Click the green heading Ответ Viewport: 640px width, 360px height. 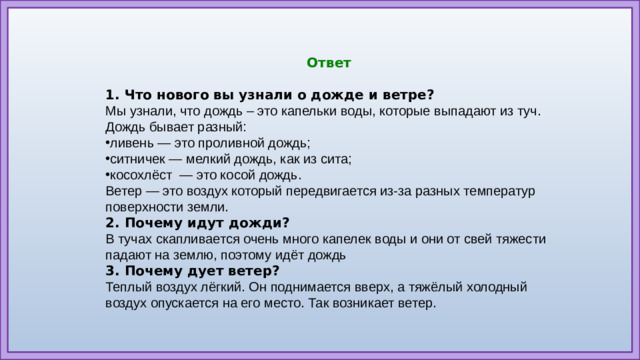pos(328,63)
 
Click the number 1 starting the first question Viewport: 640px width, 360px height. pos(109,95)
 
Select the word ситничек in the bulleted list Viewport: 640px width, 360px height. pos(139,159)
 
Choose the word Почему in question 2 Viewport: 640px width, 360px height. pos(155,223)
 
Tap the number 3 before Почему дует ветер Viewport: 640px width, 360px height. pos(109,271)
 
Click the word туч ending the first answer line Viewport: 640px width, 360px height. pos(529,111)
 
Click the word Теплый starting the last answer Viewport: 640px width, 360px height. pos(129,287)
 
